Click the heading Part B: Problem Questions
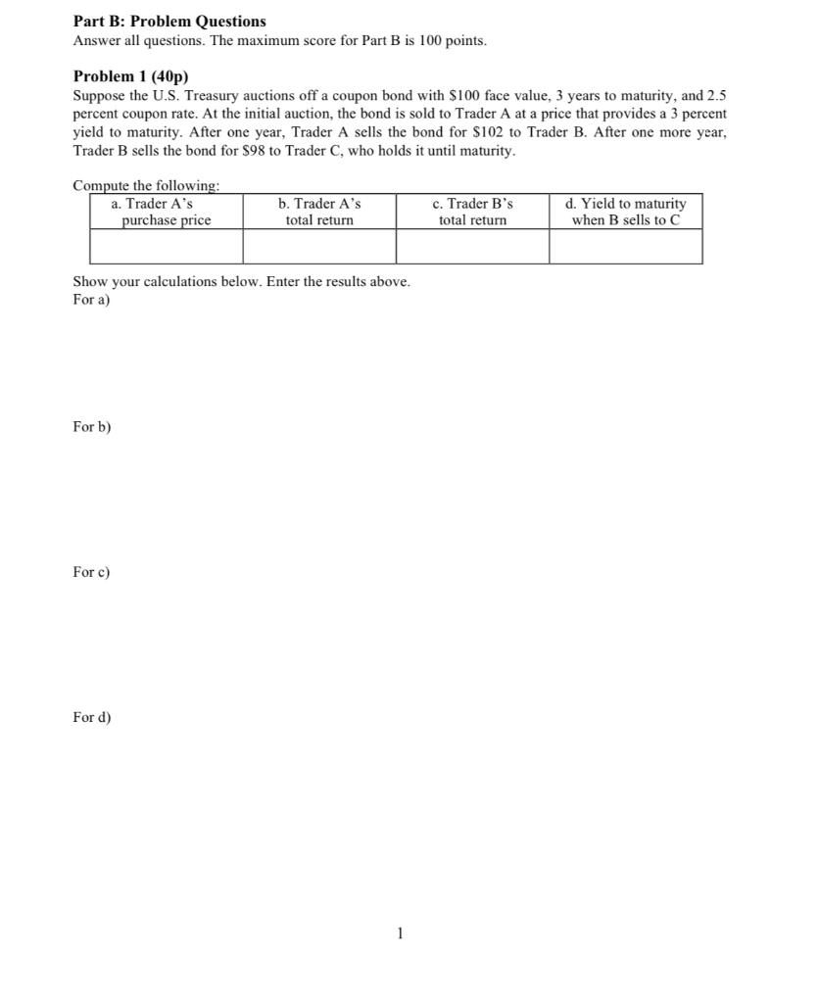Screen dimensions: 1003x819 (169, 21)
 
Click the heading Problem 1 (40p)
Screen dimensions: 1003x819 (130, 75)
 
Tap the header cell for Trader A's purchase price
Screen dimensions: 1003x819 (166, 212)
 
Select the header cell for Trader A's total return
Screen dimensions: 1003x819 (319, 212)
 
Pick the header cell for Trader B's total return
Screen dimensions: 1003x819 (472, 212)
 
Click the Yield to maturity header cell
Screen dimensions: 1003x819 (625, 212)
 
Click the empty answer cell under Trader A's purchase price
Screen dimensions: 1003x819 (166, 247)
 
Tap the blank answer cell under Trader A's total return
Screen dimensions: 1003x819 (319, 247)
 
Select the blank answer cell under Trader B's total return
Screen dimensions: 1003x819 (472, 247)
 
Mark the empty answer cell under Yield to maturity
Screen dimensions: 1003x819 (625, 247)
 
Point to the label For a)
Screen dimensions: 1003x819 (92, 300)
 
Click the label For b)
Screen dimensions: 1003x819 (92, 427)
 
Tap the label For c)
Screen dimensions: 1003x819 (92, 572)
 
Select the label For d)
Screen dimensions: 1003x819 (92, 717)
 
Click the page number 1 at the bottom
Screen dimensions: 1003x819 (400, 933)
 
